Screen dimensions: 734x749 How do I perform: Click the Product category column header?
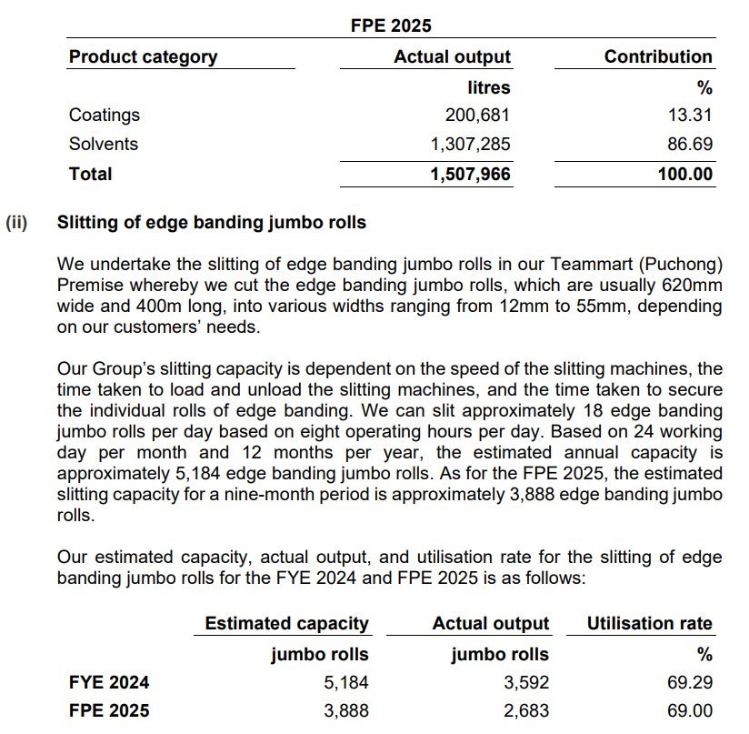pos(143,56)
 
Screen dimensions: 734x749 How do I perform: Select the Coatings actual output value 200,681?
pos(477,115)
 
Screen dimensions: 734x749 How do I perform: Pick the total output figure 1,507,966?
pos(470,174)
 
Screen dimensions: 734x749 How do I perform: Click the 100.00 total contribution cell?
pos(685,174)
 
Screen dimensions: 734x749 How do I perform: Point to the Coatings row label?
pos(105,115)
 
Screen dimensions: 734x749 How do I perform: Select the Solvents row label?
pos(104,144)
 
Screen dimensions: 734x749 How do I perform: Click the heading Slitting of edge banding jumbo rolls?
pos(211,222)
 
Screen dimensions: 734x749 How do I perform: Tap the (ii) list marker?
pos(16,222)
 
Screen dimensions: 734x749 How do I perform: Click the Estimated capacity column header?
pos(286,624)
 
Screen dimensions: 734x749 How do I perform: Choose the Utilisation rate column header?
pos(650,624)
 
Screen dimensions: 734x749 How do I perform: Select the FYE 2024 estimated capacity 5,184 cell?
pos(346,682)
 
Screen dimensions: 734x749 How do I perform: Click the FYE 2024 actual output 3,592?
pos(526,682)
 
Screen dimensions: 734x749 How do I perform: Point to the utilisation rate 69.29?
pos(690,682)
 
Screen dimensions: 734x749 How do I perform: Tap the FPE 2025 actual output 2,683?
pos(526,710)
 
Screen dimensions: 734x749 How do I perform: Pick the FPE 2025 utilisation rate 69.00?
pos(690,710)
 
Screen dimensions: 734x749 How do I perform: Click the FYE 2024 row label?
pos(109,682)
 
